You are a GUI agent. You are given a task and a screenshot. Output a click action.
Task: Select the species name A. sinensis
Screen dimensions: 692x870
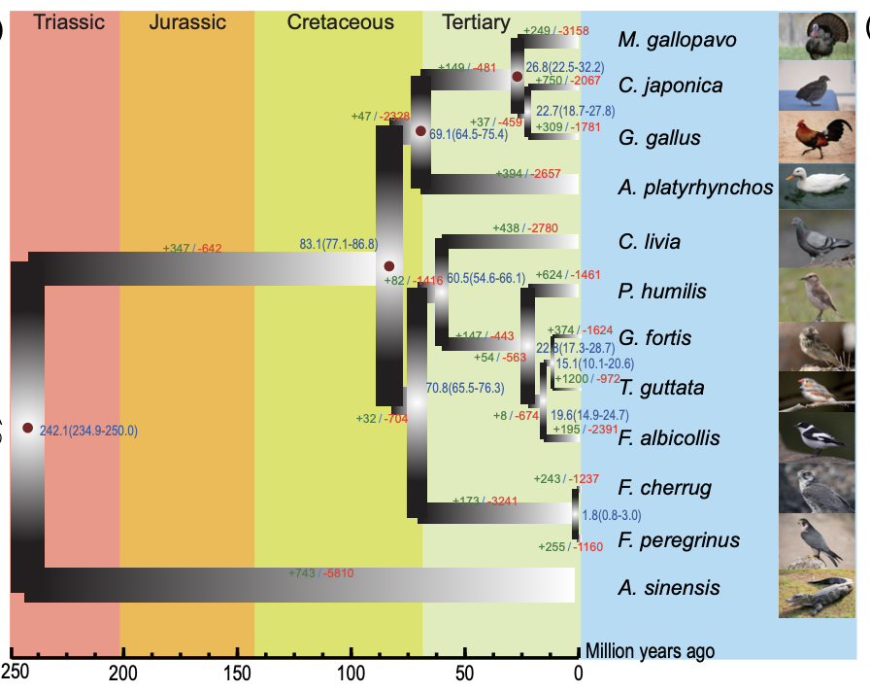pos(669,587)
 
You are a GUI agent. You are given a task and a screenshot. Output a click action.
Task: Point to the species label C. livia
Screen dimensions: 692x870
pos(649,242)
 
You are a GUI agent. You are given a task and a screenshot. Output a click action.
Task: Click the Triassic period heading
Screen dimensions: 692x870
pos(69,21)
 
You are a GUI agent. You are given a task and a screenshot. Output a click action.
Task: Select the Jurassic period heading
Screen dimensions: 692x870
pos(187,21)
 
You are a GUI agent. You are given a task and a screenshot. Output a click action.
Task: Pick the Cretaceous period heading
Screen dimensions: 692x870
pos(340,21)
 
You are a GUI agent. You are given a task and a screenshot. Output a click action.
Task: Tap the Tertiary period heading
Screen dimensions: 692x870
pos(475,21)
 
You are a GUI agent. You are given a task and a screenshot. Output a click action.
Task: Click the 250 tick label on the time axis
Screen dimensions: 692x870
pos(14,672)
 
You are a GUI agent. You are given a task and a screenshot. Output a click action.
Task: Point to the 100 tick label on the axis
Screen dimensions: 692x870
pos(351,672)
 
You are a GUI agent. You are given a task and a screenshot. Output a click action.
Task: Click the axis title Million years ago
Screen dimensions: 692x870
pos(650,651)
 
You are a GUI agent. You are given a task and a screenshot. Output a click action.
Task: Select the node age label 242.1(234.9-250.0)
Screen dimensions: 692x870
pos(88,431)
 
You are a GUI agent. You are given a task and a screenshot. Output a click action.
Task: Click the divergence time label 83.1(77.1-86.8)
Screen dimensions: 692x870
pos(338,244)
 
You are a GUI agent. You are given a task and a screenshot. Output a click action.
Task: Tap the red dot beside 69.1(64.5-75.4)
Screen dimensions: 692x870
pos(420,131)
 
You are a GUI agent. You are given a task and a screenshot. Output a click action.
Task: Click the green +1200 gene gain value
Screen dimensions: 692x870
pos(570,378)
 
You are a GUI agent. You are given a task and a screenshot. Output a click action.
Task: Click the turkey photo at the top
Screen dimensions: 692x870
pos(816,35)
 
